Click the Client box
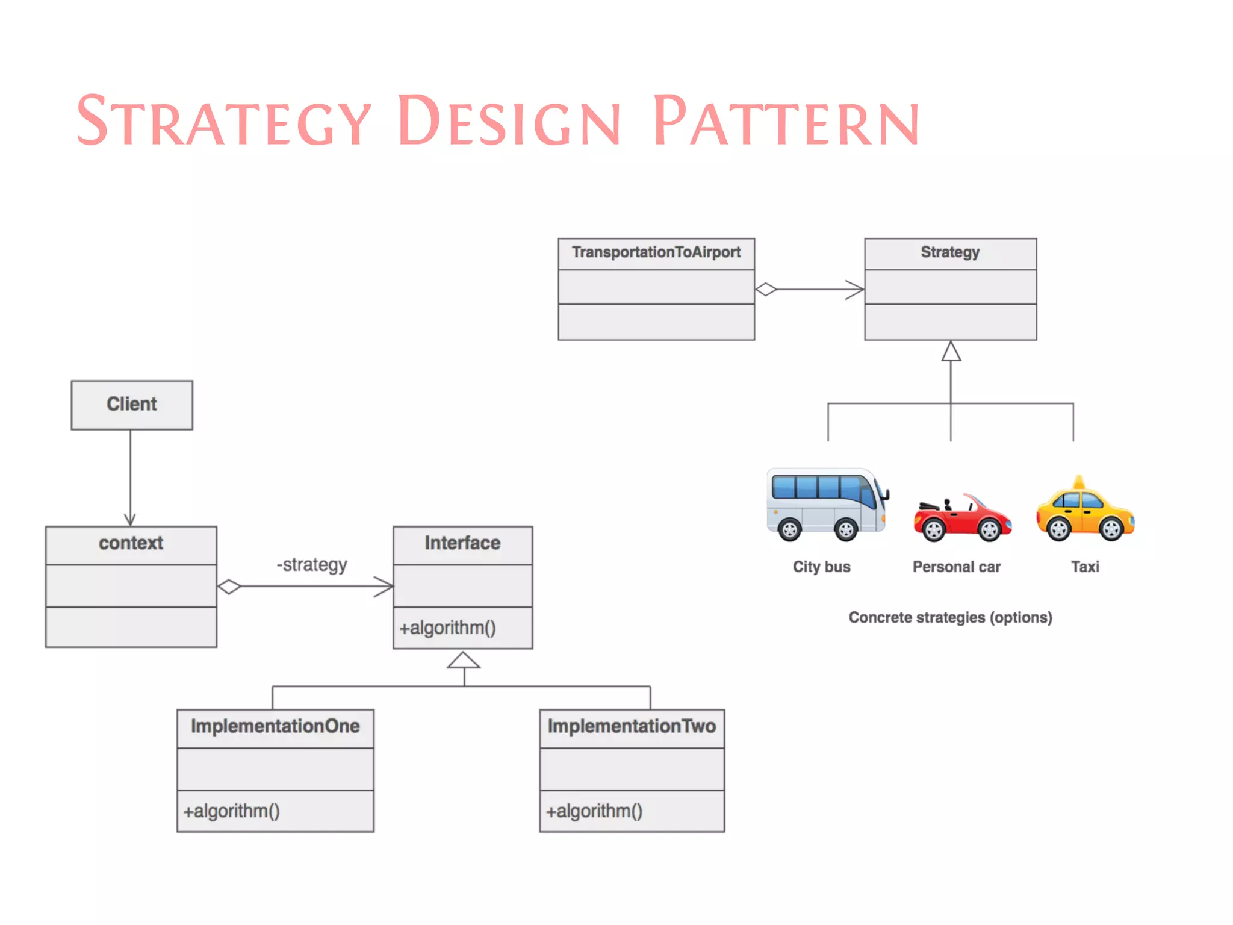tap(132, 405)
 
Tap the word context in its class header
tap(131, 543)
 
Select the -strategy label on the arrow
tap(311, 565)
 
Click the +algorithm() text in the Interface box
tap(447, 628)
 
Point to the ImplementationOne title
tap(275, 726)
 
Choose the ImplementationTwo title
tap(632, 726)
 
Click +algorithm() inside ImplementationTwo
tap(594, 811)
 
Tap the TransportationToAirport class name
tap(656, 252)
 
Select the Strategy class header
tap(950, 252)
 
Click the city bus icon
tap(827, 505)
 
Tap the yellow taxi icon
tap(1085, 511)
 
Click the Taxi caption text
tap(1085, 567)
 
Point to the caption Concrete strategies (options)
tap(950, 618)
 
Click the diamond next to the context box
tap(229, 587)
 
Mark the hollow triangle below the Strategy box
tap(951, 352)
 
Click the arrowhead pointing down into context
tap(130, 520)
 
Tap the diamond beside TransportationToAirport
tap(766, 290)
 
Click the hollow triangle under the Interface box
tap(464, 661)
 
